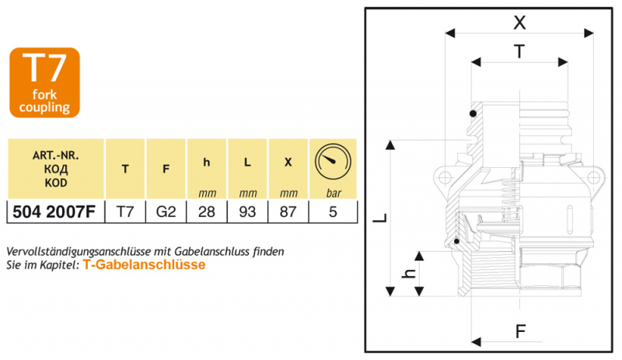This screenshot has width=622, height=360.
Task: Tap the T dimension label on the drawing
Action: [519, 51]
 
